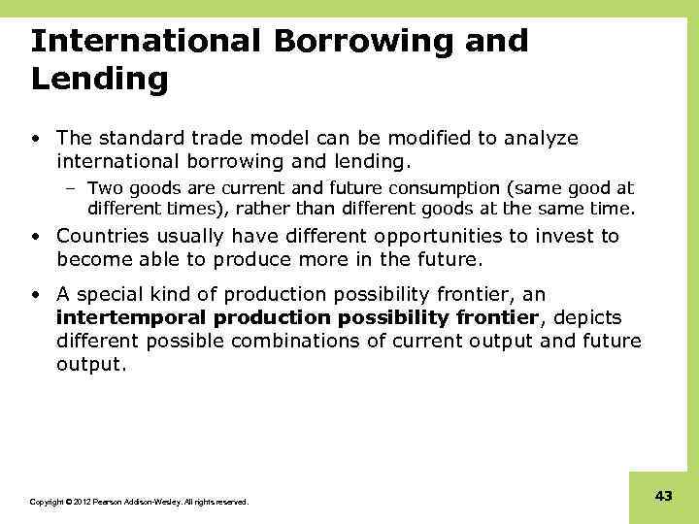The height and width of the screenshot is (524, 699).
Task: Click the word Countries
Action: [100, 236]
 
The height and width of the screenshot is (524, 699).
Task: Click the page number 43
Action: [663, 496]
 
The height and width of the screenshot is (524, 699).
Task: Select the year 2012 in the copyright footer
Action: [78, 503]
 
